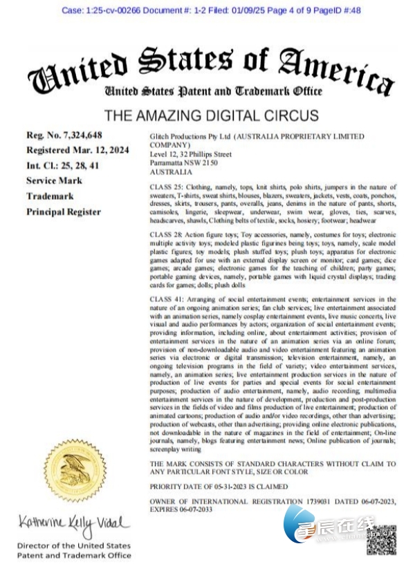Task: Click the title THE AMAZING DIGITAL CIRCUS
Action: pos(211,115)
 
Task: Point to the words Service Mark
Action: pos(54,180)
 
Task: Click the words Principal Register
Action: pos(64,211)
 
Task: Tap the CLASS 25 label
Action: pos(164,187)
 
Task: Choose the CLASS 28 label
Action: pos(164,236)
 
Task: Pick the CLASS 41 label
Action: pos(164,299)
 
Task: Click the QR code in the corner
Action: pos(380,539)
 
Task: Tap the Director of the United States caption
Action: pos(74,546)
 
